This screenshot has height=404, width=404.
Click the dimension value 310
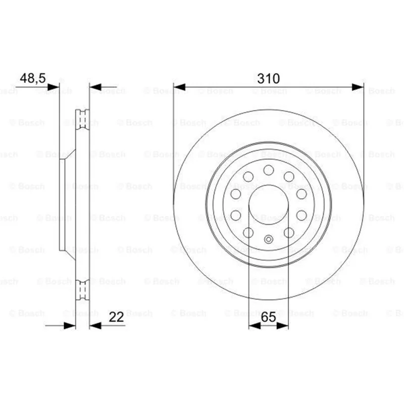(268, 78)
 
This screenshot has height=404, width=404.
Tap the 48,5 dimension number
(33, 78)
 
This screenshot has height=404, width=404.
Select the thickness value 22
(116, 317)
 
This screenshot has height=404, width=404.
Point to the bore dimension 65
(268, 317)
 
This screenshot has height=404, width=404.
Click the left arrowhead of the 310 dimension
(180, 87)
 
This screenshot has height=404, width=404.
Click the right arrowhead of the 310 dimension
(358, 87)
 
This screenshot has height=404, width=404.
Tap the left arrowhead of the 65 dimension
(255, 326)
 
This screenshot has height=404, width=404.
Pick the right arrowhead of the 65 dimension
(282, 326)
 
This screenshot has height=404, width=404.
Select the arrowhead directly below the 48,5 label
(54, 87)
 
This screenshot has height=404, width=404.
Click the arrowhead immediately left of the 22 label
(95, 326)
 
